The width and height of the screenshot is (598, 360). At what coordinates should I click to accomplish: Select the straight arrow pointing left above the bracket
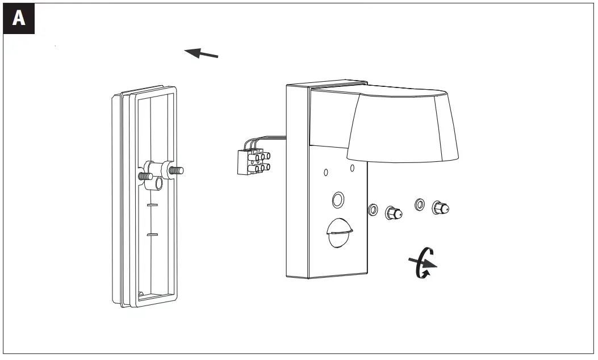point(202,53)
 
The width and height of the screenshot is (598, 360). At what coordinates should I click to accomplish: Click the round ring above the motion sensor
point(337,199)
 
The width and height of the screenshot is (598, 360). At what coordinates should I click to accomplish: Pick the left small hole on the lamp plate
point(326,171)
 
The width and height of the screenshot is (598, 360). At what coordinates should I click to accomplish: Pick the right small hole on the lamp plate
point(352,168)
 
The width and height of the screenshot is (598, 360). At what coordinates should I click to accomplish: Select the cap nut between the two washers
point(393,212)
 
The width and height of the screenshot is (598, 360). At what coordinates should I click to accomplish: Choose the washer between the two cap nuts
point(420,204)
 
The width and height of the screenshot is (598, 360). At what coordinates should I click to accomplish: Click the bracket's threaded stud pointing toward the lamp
point(177,169)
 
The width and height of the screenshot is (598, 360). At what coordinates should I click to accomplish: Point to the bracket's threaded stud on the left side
point(145,176)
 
